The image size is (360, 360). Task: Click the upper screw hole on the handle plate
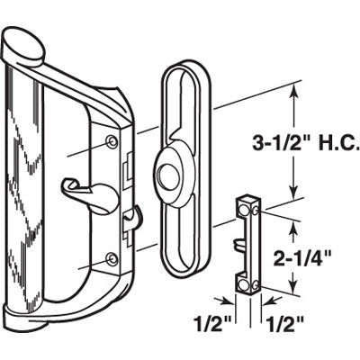[x=111, y=141]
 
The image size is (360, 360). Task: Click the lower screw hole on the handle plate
[x=111, y=259]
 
